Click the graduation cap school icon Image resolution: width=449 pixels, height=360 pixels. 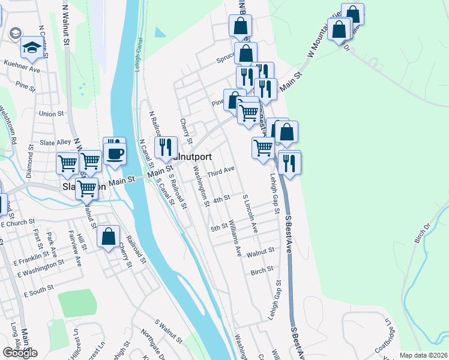click(x=32, y=48)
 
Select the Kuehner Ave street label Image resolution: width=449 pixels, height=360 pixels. click(x=22, y=70)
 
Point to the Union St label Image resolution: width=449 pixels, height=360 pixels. click(x=51, y=113)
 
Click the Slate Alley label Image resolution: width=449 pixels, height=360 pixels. click(x=55, y=142)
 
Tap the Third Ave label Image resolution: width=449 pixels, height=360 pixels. click(x=220, y=172)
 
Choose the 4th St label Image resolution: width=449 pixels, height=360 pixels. click(x=221, y=199)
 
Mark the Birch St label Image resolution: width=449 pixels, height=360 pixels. click(x=262, y=269)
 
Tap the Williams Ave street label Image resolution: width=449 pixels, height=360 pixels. click(x=235, y=241)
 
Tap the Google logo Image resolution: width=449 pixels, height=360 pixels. click(x=20, y=352)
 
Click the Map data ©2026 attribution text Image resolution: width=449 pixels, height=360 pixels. click(x=423, y=355)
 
